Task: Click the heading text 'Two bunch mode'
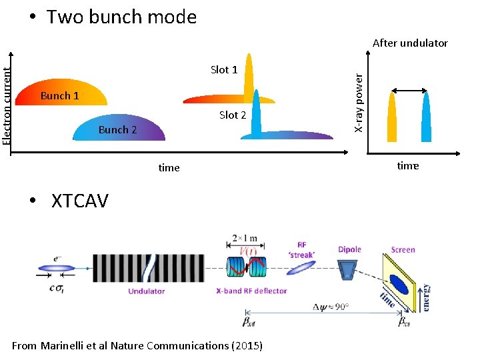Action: pos(121,17)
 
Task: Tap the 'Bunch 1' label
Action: pos(59,95)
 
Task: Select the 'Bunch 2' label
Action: pos(117,129)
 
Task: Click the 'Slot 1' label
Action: pos(224,69)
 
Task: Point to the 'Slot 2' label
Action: pos(233,115)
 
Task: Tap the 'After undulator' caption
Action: pos(410,43)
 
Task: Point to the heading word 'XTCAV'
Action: pos(79,201)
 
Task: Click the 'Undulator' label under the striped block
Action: pos(147,291)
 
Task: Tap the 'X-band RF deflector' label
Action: pos(251,291)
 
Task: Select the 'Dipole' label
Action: pos(349,249)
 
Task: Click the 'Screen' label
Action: pos(403,250)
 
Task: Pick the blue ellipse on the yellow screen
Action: pos(400,284)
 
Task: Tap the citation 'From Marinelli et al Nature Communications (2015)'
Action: pos(137,345)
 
